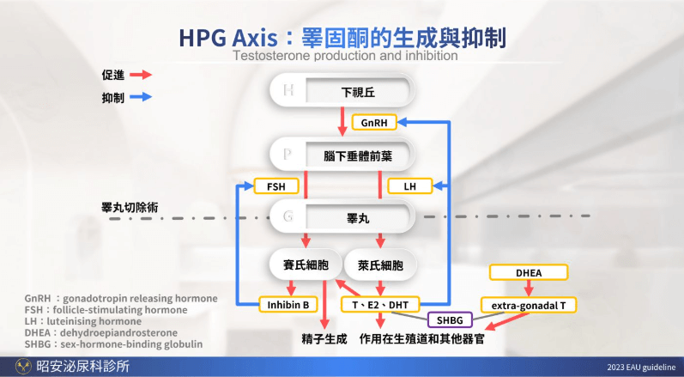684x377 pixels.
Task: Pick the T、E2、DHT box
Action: (x=382, y=304)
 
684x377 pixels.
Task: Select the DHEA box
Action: (x=528, y=273)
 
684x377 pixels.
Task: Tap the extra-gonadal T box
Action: (x=528, y=304)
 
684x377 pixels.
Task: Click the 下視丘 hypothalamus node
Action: (x=343, y=90)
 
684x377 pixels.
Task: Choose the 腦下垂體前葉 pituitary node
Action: (x=343, y=155)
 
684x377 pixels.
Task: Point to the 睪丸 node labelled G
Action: (x=343, y=218)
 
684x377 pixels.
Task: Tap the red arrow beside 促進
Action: (x=140, y=75)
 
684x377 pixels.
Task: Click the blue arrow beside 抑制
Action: (x=140, y=97)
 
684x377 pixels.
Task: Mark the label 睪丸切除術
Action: (x=130, y=208)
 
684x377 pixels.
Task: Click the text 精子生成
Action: (x=324, y=338)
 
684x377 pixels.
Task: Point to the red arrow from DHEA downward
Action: (x=528, y=289)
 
